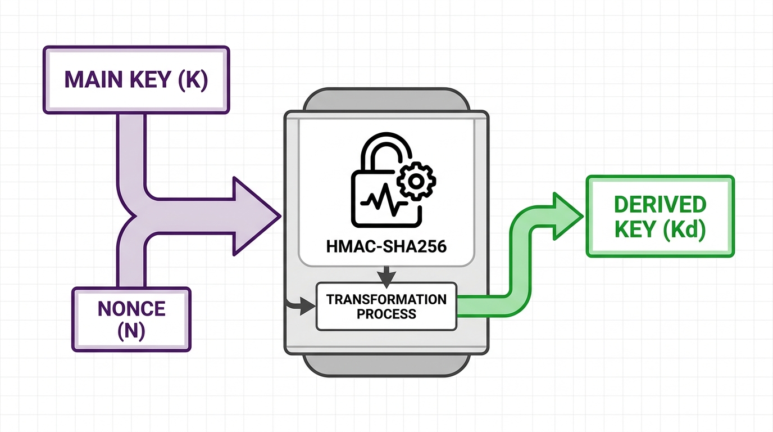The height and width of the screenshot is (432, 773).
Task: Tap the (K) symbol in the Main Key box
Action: click(193, 80)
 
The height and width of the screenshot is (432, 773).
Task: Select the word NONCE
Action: click(131, 309)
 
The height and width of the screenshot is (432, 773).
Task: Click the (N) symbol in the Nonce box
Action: click(131, 331)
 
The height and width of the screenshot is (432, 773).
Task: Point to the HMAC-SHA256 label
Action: click(386, 247)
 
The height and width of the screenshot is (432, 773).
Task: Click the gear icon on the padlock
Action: click(416, 181)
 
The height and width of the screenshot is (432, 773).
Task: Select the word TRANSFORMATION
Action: click(386, 300)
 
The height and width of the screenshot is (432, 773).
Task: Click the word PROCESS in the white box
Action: click(386, 314)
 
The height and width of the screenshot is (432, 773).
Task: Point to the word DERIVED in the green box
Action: click(660, 205)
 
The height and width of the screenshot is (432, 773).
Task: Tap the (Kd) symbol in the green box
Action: click(684, 229)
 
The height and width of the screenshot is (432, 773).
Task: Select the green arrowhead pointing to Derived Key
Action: click(567, 217)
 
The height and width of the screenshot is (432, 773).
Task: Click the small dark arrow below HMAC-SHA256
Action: click(387, 277)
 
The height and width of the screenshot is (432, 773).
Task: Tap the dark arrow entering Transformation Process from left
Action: click(301, 305)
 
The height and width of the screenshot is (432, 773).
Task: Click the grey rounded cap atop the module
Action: click(386, 99)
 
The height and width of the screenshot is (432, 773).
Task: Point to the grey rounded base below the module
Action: click(386, 365)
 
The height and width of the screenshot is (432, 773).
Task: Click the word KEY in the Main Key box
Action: click(151, 79)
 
